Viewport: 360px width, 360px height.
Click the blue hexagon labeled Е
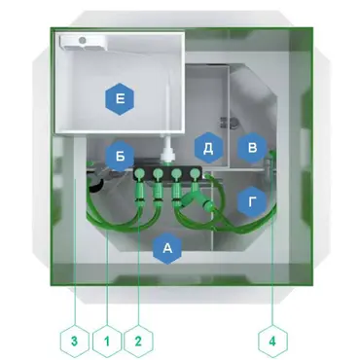[x=120, y=98]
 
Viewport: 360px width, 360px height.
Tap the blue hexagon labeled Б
[x=120, y=156]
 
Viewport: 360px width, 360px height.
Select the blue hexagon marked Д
[x=208, y=148]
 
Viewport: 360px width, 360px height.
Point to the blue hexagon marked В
[x=252, y=148]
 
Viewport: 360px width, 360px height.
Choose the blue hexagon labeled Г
[x=252, y=202]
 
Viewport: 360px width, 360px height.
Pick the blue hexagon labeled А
[x=167, y=248]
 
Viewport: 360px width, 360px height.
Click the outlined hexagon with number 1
[x=107, y=342]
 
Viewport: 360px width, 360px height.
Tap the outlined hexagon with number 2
[x=138, y=342]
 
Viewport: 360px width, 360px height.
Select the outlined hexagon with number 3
[x=75, y=342]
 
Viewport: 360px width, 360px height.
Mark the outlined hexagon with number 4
[x=272, y=342]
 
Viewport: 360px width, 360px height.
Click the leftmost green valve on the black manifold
[x=139, y=175]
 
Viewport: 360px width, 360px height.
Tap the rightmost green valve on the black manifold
[x=195, y=174]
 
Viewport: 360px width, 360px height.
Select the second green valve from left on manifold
[x=158, y=175]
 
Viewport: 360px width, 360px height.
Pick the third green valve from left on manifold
[x=176, y=175]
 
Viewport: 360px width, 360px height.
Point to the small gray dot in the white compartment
[x=83, y=41]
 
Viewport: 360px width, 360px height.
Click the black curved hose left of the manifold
[x=94, y=184]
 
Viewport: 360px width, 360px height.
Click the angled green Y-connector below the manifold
[x=197, y=200]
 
